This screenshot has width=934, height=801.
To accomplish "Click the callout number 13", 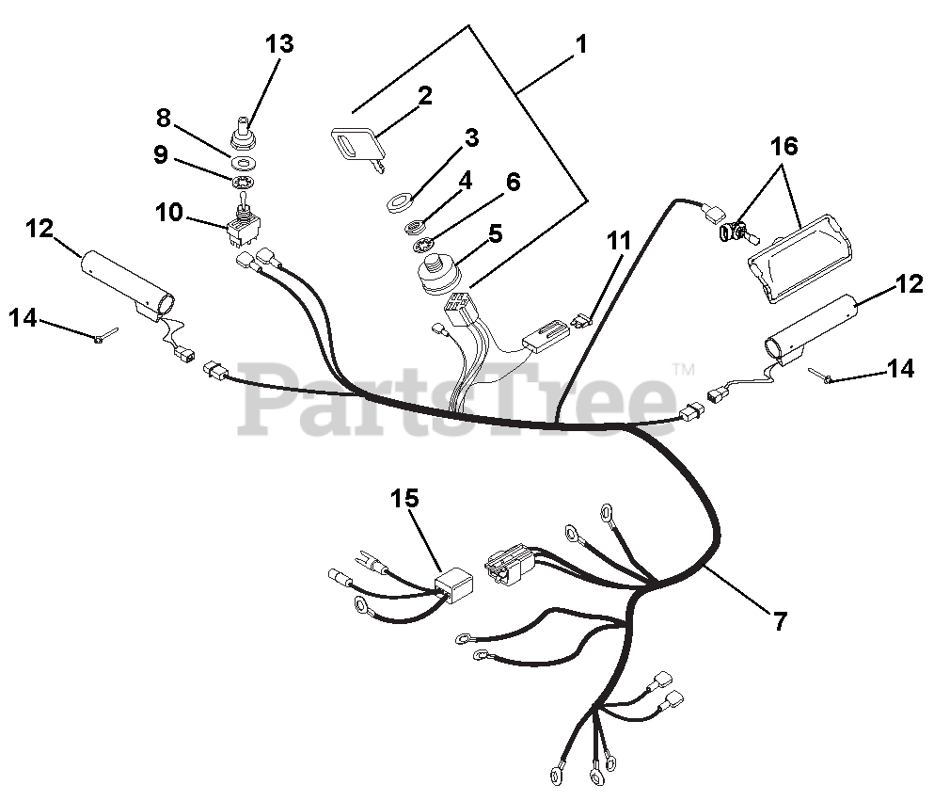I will tap(279, 43).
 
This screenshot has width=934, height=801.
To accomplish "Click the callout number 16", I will tap(784, 146).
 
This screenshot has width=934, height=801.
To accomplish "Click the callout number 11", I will tap(618, 241).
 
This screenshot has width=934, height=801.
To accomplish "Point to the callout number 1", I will tap(581, 43).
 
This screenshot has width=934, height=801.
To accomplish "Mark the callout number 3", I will tap(471, 138).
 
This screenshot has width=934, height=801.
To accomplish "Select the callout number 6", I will tap(513, 183).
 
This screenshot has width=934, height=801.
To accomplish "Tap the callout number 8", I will tap(164, 118).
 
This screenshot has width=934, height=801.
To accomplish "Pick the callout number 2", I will tap(425, 95).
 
